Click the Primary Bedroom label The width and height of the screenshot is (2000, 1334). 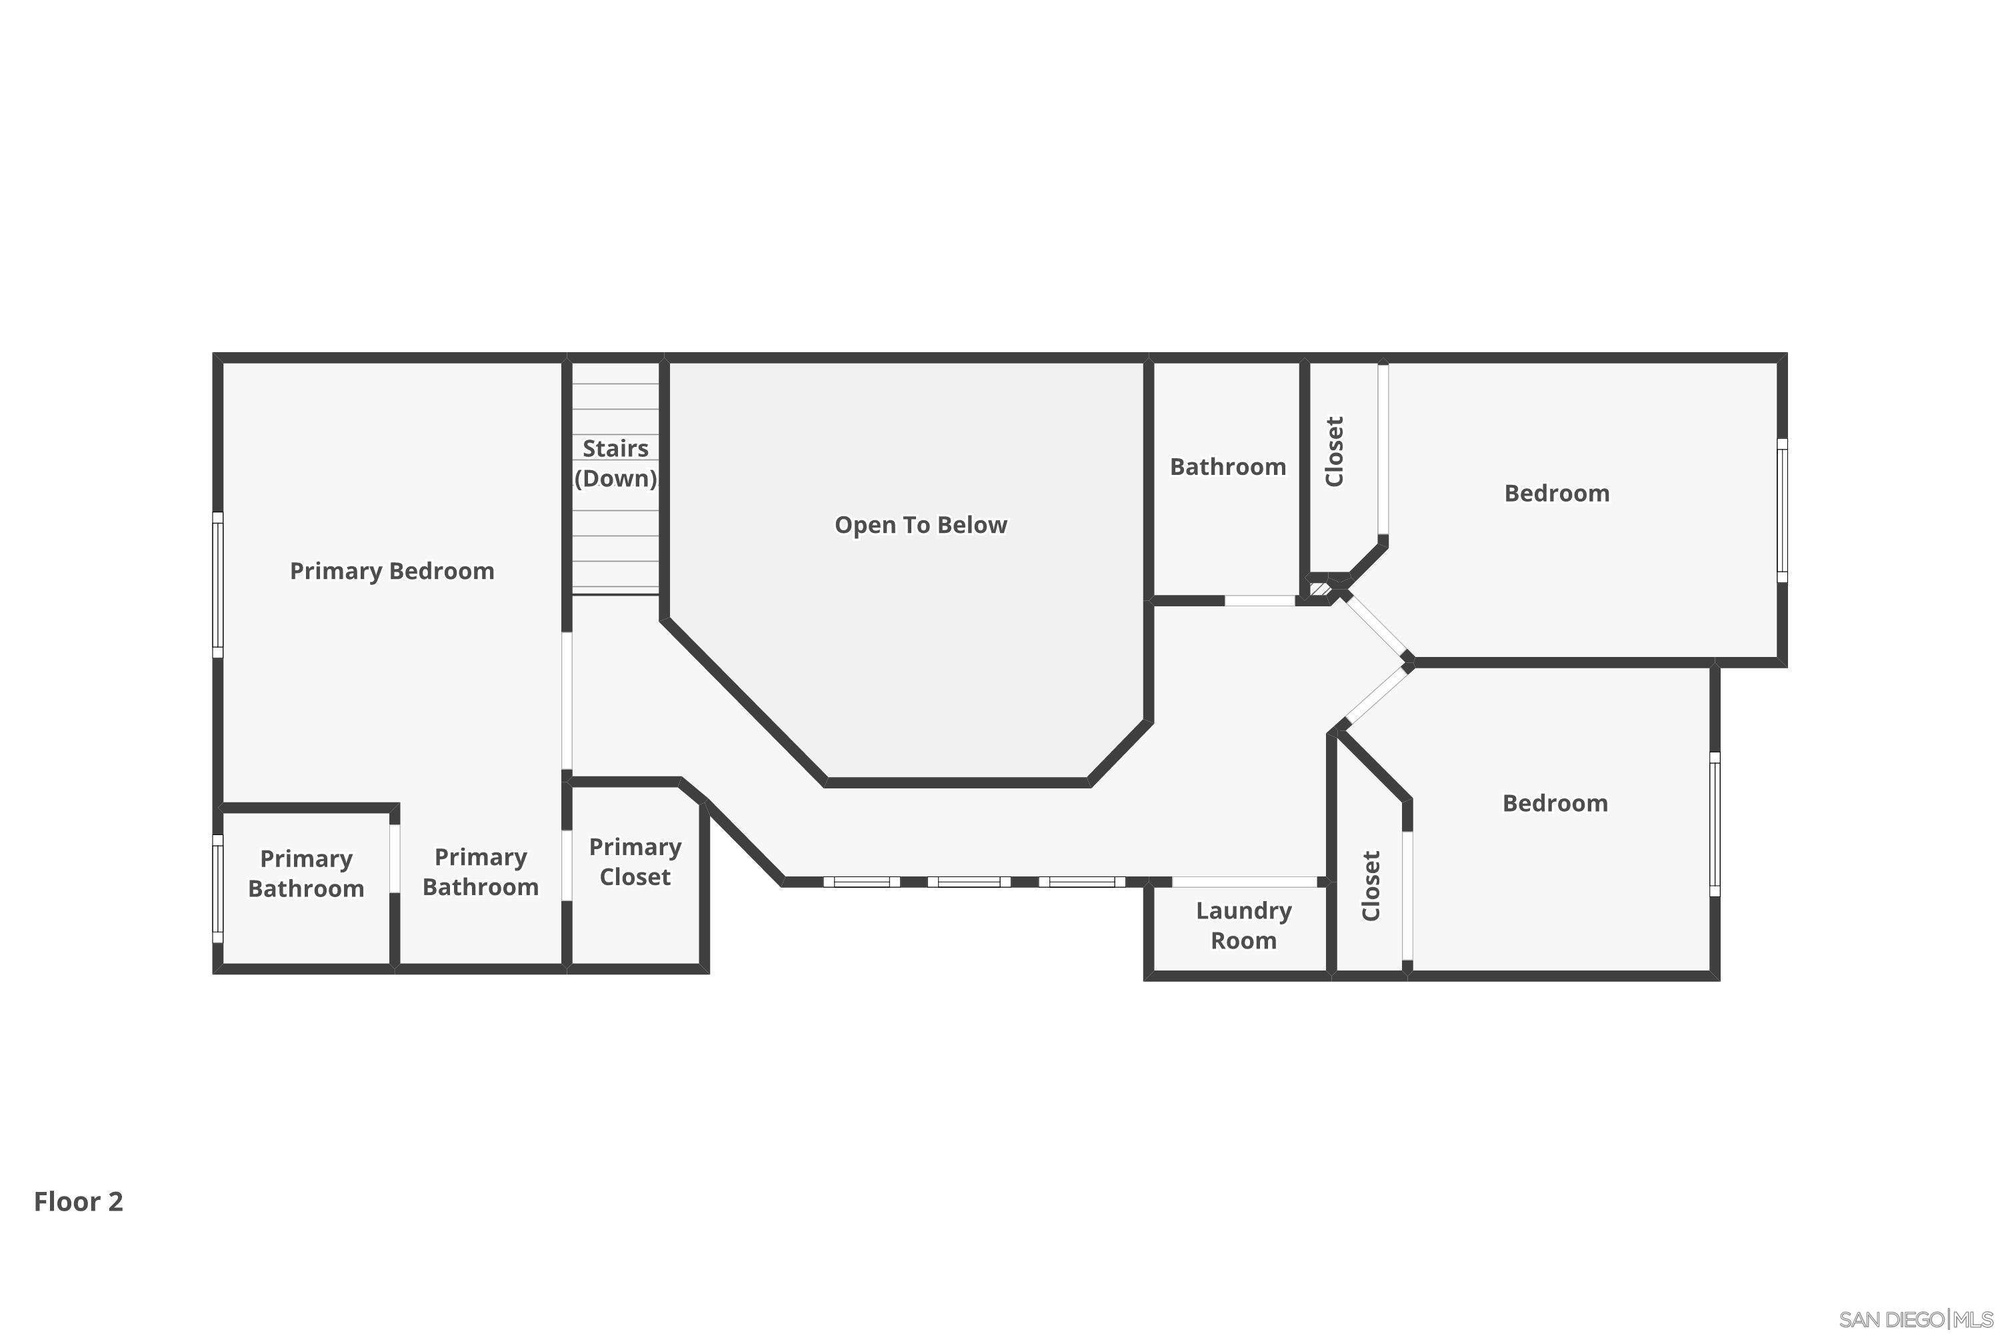coord(392,571)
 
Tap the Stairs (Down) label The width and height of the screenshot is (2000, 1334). coord(615,464)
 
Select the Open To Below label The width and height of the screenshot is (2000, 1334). coord(921,525)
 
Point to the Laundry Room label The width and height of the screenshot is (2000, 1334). coord(1243,926)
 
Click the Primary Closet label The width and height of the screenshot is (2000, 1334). coord(635,862)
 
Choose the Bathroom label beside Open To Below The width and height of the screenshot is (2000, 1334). coord(1228,467)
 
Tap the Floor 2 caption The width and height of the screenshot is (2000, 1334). coord(78,1201)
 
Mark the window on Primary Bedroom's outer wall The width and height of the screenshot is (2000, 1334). coord(218,584)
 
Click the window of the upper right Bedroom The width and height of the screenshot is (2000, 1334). coord(1782,510)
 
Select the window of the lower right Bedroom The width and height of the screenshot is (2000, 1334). coord(1714,824)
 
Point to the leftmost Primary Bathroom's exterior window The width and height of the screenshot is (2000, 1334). coord(218,888)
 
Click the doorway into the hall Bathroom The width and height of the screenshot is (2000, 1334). coord(1259,601)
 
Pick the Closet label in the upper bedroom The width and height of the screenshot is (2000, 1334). coord(1334,452)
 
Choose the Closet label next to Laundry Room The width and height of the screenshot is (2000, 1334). coord(1370,886)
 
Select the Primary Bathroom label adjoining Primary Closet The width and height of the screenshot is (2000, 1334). coord(481,872)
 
